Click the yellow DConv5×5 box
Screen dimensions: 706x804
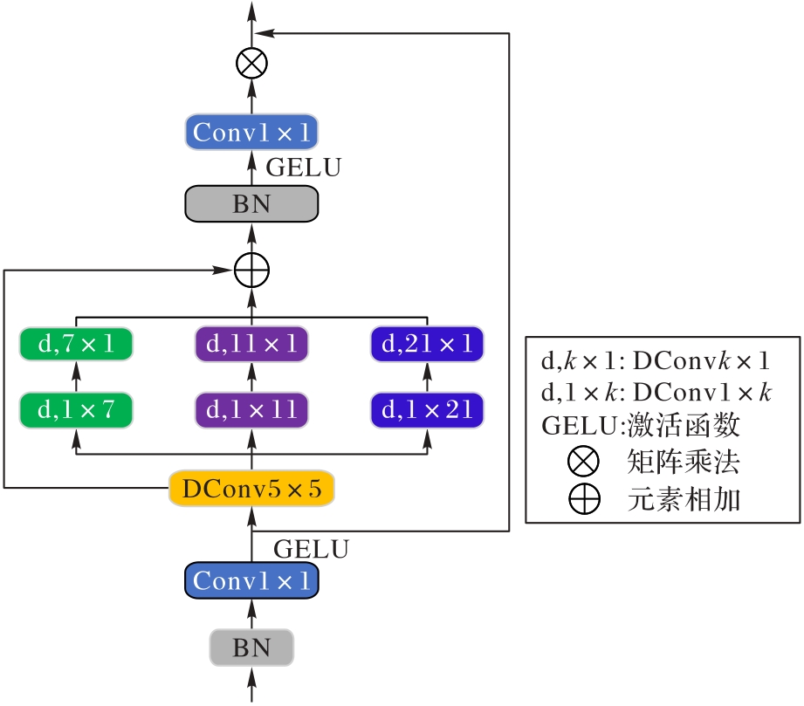[x=251, y=490]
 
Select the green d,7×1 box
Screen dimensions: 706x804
[x=76, y=344]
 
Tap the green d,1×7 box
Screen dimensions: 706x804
[x=76, y=408]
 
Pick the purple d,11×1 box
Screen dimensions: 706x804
[x=251, y=344]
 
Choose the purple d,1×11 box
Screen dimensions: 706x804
[x=251, y=408]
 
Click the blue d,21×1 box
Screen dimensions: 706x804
[x=427, y=344]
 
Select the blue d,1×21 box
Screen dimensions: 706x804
[x=427, y=408]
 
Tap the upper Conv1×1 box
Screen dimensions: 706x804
[x=251, y=133]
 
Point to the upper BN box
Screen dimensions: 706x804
[x=251, y=204]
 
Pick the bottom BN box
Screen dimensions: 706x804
[x=251, y=648]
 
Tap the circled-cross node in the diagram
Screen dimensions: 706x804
[x=251, y=64]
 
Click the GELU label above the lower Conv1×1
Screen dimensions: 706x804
[x=312, y=549]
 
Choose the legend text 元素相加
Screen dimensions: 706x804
[x=684, y=499]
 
